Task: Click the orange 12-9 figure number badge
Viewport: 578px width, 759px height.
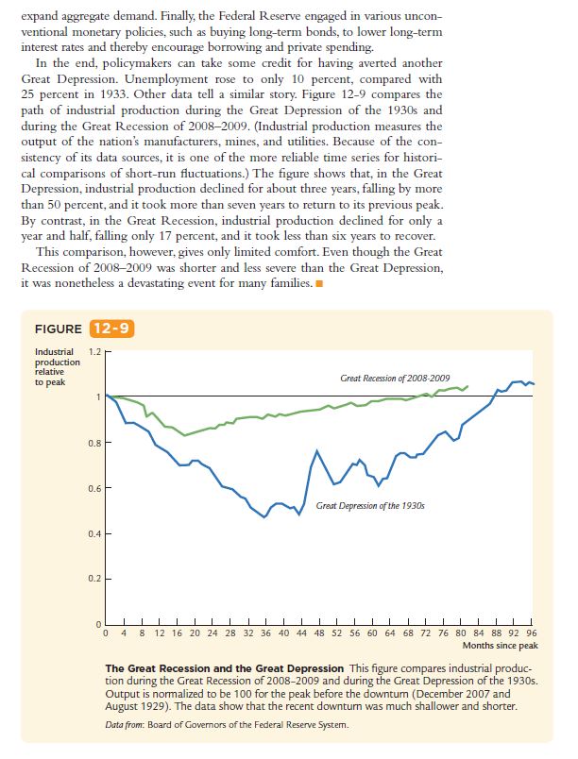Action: [x=112, y=329]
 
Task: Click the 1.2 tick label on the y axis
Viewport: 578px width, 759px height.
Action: [x=93, y=351]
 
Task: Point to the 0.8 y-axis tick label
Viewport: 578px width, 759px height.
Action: [x=93, y=443]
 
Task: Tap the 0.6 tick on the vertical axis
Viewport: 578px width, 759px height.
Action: [x=93, y=488]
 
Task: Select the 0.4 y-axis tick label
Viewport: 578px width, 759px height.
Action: [x=93, y=534]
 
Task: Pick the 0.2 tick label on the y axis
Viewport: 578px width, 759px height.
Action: [x=93, y=580]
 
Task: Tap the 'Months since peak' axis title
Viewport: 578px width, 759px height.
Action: [x=501, y=647]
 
